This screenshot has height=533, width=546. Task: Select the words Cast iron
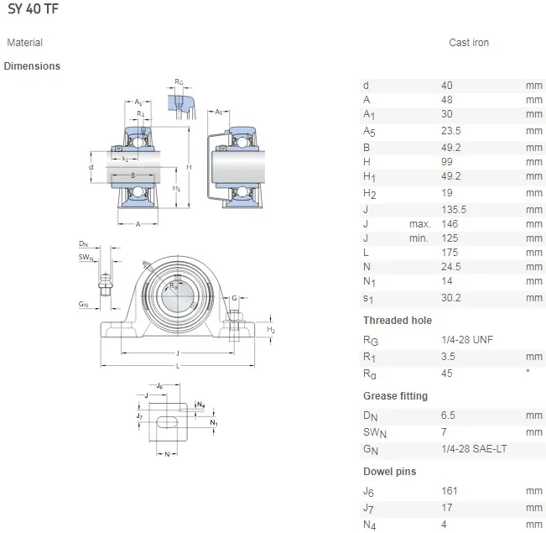pos(468,43)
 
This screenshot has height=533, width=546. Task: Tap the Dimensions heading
pos(32,66)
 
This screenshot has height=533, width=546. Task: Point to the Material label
pos(24,43)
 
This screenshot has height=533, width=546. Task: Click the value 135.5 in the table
pos(454,210)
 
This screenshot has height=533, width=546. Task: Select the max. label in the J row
pos(419,224)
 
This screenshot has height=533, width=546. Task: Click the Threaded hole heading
pos(398,321)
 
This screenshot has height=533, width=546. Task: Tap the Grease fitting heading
pos(395,396)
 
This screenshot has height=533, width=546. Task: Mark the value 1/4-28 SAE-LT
pos(473,449)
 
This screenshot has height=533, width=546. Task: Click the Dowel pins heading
pos(389,472)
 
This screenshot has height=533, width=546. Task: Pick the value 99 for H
pos(446,161)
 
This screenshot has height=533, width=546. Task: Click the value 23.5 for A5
pos(451,131)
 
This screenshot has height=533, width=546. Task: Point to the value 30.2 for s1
pos(451,298)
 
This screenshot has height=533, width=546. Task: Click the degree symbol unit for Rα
pos(528,372)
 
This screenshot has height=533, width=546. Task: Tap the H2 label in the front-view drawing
pos(271,331)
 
